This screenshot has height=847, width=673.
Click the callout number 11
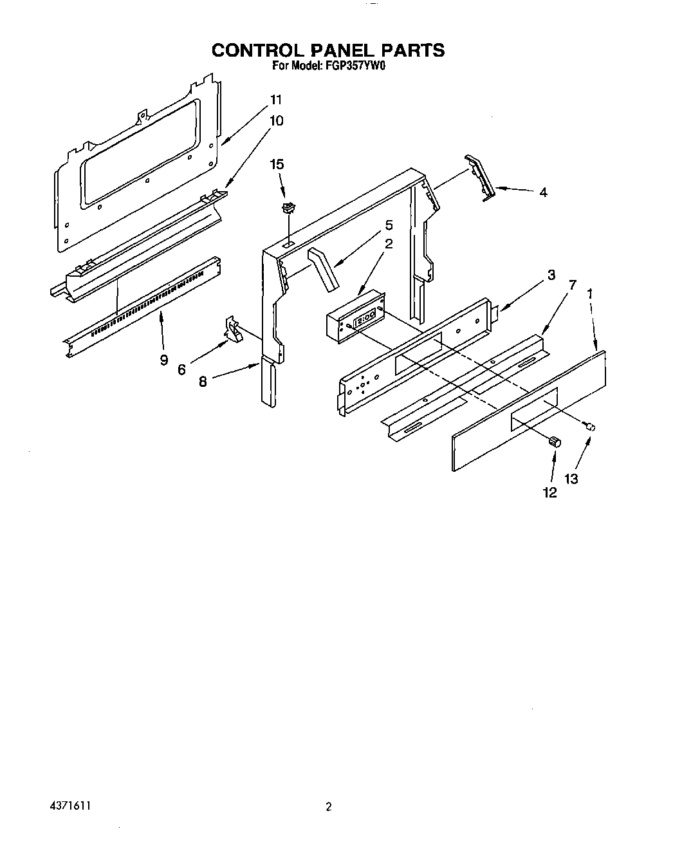(x=276, y=100)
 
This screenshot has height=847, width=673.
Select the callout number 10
(x=276, y=120)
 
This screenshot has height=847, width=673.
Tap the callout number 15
(x=277, y=165)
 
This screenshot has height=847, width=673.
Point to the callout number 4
(x=543, y=192)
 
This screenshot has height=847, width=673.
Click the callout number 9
(x=163, y=360)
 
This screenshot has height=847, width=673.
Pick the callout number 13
(x=571, y=479)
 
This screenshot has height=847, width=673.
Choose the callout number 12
(x=550, y=492)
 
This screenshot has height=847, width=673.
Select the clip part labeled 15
(x=288, y=207)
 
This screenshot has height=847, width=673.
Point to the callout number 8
(x=203, y=381)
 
